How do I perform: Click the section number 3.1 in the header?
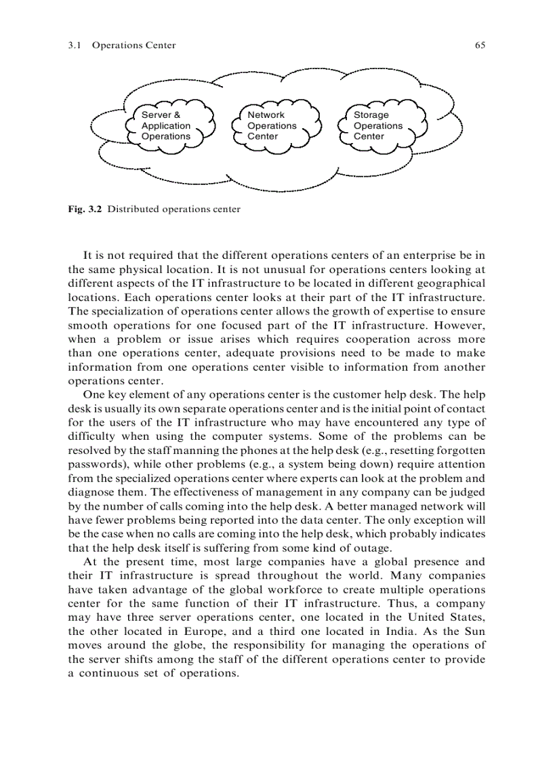[75, 45]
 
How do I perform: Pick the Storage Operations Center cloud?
[383, 125]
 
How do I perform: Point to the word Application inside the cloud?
[166, 126]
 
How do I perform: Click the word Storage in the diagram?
[371, 115]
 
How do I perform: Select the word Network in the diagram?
[266, 115]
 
